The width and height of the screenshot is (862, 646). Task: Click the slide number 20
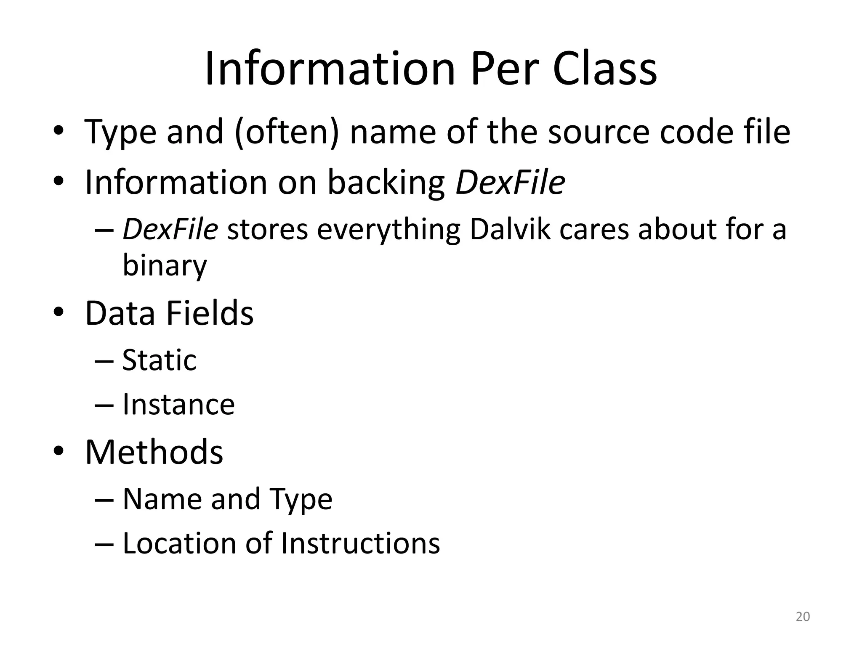pos(803,617)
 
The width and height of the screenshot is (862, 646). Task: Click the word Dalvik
pos(510,230)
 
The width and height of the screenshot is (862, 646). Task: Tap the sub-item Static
pos(159,360)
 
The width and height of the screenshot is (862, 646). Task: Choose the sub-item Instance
pos(178,405)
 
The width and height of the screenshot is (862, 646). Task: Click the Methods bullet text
pos(154,452)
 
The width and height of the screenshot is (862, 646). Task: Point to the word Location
pos(178,543)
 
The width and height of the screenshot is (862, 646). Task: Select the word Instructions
pos(360,543)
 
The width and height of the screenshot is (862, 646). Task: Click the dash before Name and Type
pos(104,500)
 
